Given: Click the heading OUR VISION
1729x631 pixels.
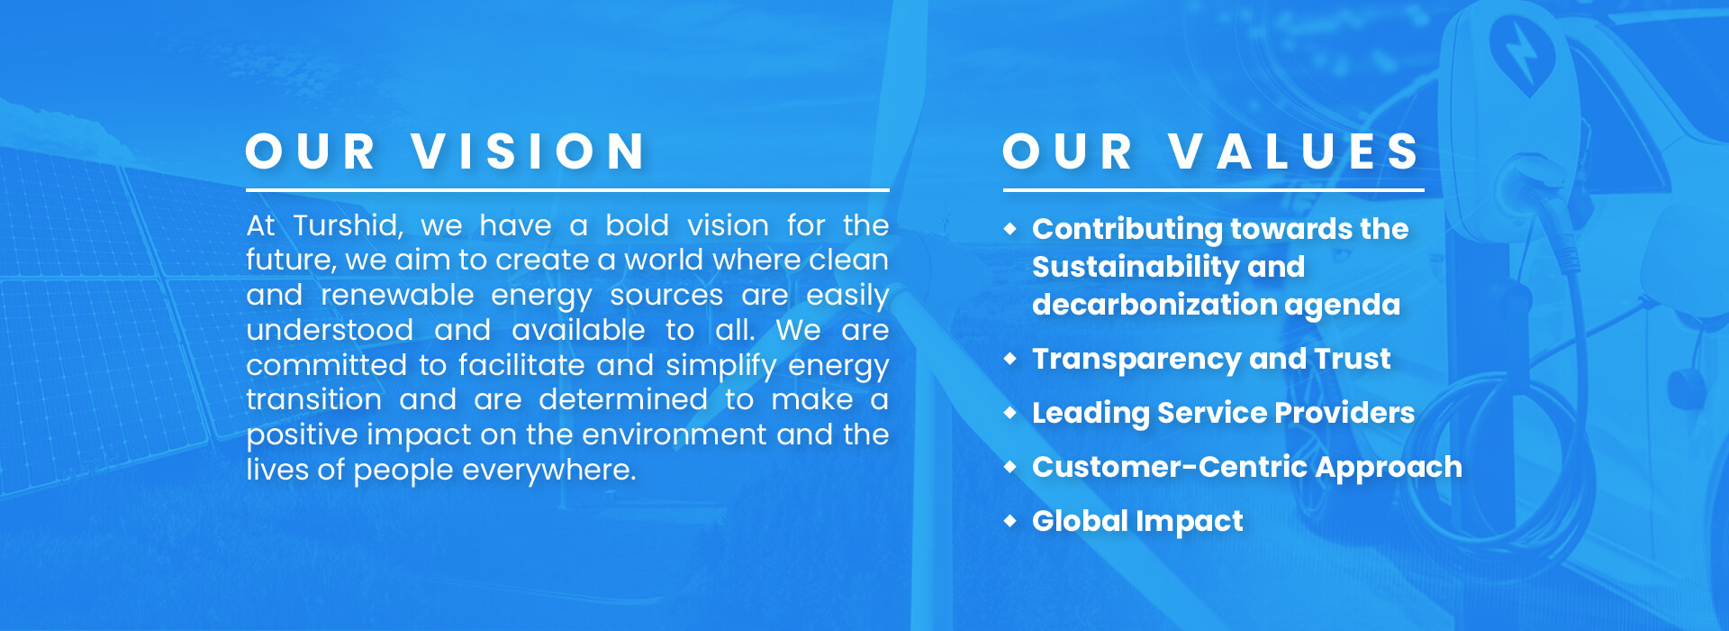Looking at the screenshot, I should pyautogui.click(x=447, y=151).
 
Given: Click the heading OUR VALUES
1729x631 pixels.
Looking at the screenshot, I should pyautogui.click(x=1211, y=151).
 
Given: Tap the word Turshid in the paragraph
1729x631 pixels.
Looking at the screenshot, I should pyautogui.click(x=348, y=225).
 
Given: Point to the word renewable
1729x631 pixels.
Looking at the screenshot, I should pyautogui.click(x=397, y=296).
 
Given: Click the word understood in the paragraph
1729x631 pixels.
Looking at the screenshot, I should pyautogui.click(x=330, y=330).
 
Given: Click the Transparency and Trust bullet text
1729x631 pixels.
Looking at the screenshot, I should pyautogui.click(x=1211, y=359).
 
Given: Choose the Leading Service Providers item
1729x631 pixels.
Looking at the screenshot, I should pyautogui.click(x=1223, y=413).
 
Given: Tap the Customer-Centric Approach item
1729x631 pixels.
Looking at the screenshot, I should pyautogui.click(x=1246, y=467).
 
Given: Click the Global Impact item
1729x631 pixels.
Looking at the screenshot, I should pyautogui.click(x=1137, y=521).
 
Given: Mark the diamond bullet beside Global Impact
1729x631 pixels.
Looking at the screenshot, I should pyautogui.click(x=1010, y=520).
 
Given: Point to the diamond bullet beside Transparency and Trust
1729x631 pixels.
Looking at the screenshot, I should pyautogui.click(x=1010, y=358).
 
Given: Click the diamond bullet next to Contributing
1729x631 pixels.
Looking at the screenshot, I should pyautogui.click(x=1010, y=229).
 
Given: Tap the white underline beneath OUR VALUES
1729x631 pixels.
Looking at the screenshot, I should pyautogui.click(x=1213, y=190).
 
